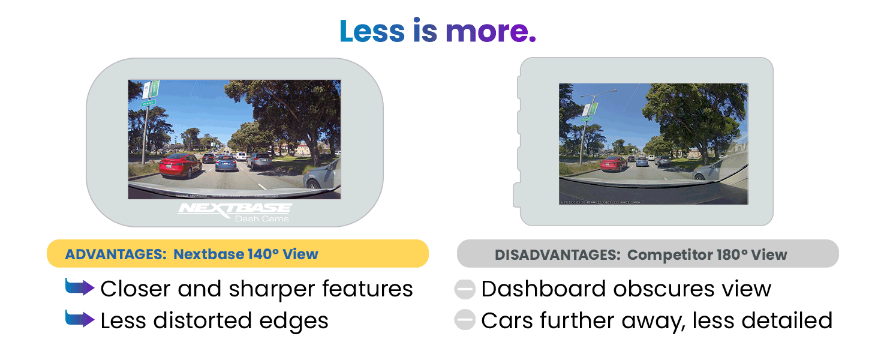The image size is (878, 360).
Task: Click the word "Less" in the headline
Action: click(372, 31)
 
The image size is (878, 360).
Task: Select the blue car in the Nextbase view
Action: click(225, 163)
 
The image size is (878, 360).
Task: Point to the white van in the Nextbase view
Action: click(240, 156)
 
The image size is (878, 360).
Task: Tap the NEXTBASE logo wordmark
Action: click(235, 208)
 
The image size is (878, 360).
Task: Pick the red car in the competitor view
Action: click(614, 163)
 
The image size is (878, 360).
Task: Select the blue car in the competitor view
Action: click(642, 161)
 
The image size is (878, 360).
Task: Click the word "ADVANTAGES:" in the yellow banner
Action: click(115, 254)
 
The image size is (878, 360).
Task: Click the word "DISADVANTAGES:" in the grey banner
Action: click(557, 255)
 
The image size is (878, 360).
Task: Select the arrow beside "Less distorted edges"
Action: click(79, 320)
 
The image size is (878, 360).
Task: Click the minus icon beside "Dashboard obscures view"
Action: click(465, 289)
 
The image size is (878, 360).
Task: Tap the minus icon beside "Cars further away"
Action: click(465, 320)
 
